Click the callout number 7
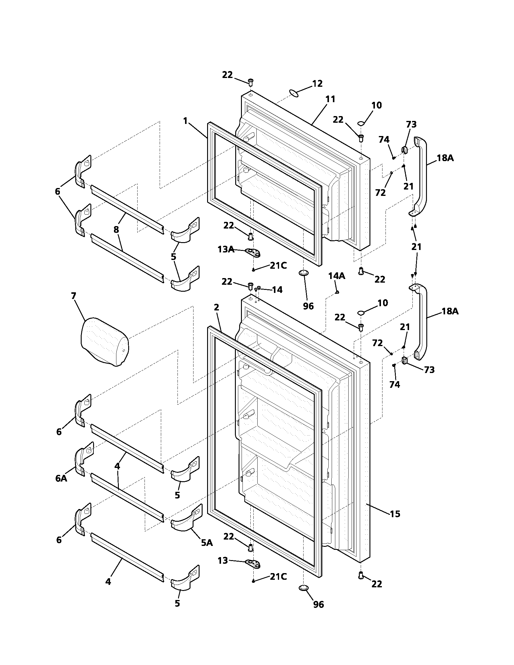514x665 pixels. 74,296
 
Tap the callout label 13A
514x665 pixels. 226,249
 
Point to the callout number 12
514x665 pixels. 317,83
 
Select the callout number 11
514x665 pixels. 330,99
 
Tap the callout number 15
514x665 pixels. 395,514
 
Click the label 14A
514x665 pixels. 337,276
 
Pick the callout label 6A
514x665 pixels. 61,478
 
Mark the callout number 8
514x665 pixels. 116,229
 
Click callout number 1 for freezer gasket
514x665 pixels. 185,121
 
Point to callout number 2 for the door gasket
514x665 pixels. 216,307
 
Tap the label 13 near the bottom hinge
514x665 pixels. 223,560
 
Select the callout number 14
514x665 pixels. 277,290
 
